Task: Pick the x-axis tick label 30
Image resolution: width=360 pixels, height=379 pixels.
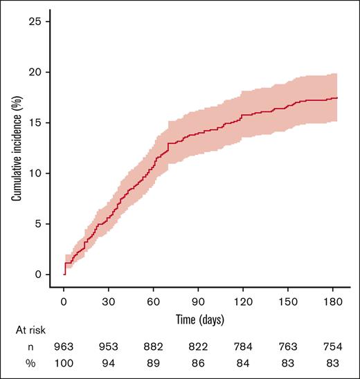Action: coord(108,302)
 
